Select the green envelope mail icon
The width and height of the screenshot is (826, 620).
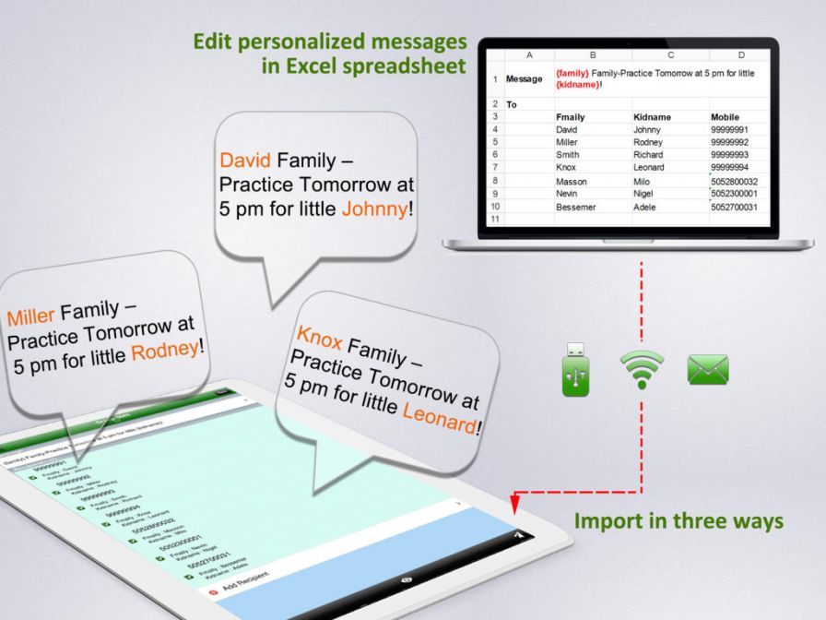(x=708, y=370)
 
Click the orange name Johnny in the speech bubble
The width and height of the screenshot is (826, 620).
(x=373, y=209)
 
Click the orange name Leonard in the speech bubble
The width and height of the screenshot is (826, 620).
(x=440, y=419)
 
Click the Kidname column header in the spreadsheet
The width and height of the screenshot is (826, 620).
(x=652, y=117)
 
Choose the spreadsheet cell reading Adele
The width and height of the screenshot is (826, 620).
(x=646, y=207)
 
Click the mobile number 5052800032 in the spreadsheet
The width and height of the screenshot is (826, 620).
(x=734, y=182)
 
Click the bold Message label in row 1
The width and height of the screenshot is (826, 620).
(x=524, y=79)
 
